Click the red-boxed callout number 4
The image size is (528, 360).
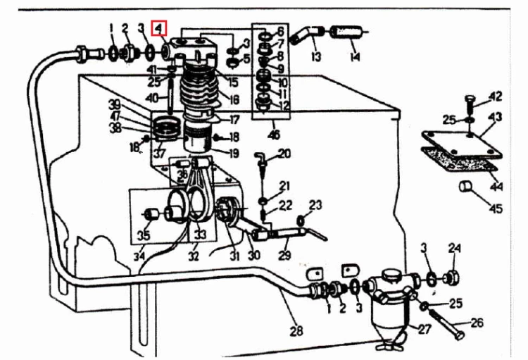tap(159, 29)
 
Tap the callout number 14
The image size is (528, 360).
tap(355, 56)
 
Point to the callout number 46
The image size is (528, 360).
tap(274, 135)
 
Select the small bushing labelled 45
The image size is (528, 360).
tap(465, 186)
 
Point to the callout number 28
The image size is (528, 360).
tap(296, 331)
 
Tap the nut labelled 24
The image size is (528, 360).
tap(451, 279)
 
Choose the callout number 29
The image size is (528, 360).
tap(284, 254)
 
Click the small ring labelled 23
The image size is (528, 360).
tap(301, 221)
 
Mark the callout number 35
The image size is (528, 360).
tap(144, 235)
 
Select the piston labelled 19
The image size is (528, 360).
tap(199, 139)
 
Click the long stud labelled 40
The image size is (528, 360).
tap(171, 96)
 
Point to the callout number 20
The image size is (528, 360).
tap(284, 154)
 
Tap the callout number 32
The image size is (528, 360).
tap(194, 256)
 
